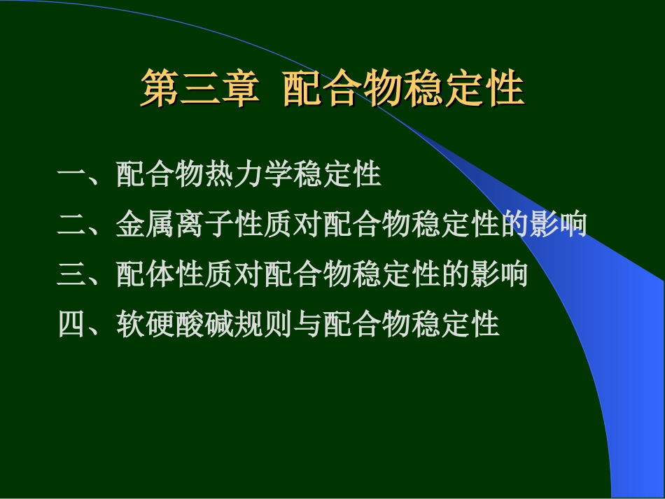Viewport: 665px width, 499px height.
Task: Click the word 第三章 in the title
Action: tap(199, 87)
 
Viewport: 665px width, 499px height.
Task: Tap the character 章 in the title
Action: tap(240, 87)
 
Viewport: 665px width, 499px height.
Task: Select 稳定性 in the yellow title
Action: tap(465, 87)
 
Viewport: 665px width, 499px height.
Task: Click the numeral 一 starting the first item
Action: tap(71, 174)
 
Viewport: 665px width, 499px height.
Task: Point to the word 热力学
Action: tap(248, 174)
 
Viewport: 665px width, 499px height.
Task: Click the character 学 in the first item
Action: tap(278, 174)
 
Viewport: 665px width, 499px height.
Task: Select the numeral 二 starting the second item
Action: tap(71, 224)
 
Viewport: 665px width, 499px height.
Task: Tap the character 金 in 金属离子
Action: tap(129, 224)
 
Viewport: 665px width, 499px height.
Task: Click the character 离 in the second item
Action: tap(189, 224)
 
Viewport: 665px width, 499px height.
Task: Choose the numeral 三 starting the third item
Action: tap(71, 274)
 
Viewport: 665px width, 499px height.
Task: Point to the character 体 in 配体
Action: tap(160, 274)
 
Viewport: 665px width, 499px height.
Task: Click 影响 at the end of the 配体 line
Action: tap(499, 274)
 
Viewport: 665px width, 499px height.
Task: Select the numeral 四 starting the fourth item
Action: tap(71, 324)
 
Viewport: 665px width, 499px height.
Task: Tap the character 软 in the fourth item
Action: tap(129, 324)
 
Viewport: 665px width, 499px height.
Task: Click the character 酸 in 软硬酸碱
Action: tap(189, 324)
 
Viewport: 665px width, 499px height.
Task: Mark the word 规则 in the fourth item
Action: tap(263, 324)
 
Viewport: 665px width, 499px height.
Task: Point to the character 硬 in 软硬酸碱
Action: tap(160, 324)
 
